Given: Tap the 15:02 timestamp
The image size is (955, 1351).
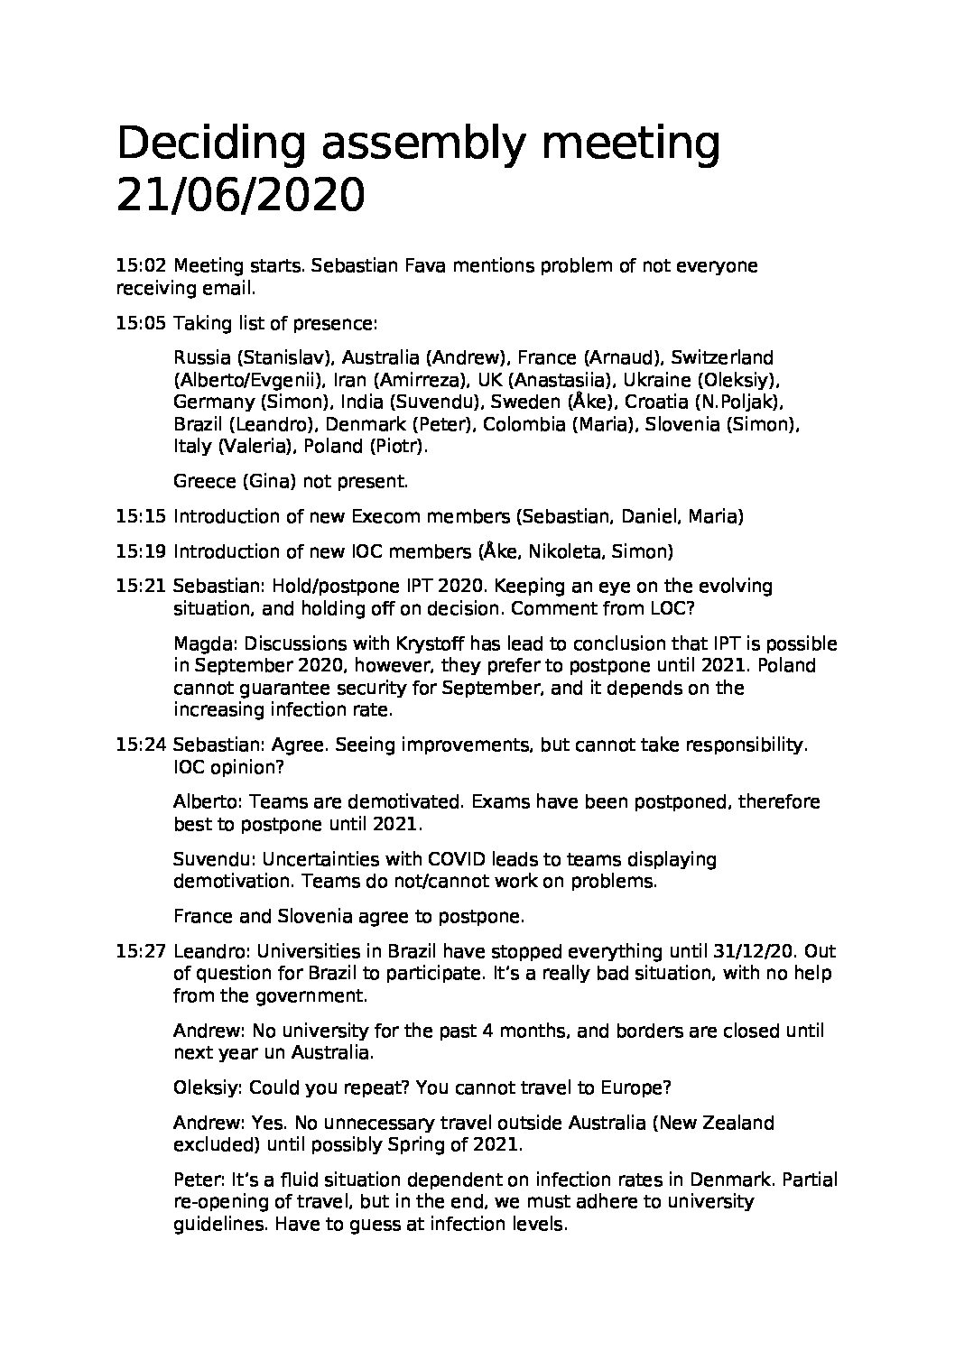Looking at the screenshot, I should coord(141,266).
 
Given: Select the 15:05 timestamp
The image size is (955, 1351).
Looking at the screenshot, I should coord(141,324).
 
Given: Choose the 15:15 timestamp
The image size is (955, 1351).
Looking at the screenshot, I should coord(141,517).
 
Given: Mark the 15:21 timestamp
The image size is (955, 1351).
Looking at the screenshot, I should coord(141,587).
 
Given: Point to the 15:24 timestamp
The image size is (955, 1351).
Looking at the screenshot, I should coord(141,745).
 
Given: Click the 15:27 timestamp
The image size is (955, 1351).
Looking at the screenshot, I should coord(141,952).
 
